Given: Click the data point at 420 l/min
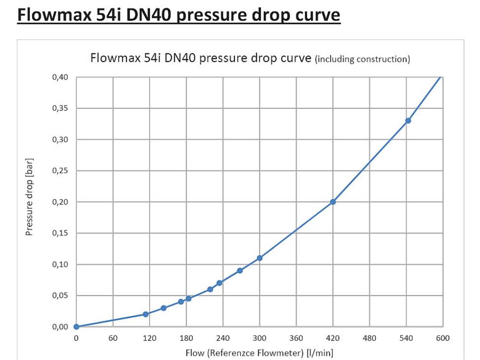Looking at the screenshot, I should (333, 202).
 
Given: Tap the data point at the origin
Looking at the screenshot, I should (76, 327).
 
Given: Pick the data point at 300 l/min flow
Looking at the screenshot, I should (260, 258).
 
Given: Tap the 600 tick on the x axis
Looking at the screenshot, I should (443, 337).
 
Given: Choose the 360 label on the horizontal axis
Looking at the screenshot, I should (296, 337).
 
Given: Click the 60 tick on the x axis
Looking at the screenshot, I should (113, 337).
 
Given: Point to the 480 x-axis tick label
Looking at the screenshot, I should (370, 337).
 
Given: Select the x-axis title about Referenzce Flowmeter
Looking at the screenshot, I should (259, 353).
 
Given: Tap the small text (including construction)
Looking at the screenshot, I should (362, 60).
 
